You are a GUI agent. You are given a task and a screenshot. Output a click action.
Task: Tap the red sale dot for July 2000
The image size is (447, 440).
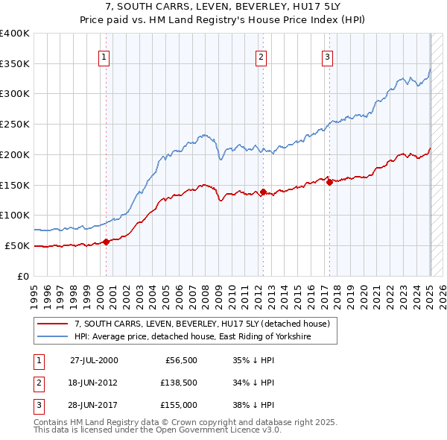coord(106,241)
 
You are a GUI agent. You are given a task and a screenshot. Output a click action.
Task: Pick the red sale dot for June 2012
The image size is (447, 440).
coord(263,192)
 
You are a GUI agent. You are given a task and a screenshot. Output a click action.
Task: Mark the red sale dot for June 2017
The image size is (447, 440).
coord(329,181)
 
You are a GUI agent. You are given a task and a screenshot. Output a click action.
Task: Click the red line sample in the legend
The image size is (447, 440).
coord(54,324)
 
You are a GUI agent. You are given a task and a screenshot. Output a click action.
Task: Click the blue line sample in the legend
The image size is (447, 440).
coord(54,337)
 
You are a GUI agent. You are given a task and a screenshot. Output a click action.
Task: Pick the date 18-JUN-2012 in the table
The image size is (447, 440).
coord(93,383)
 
